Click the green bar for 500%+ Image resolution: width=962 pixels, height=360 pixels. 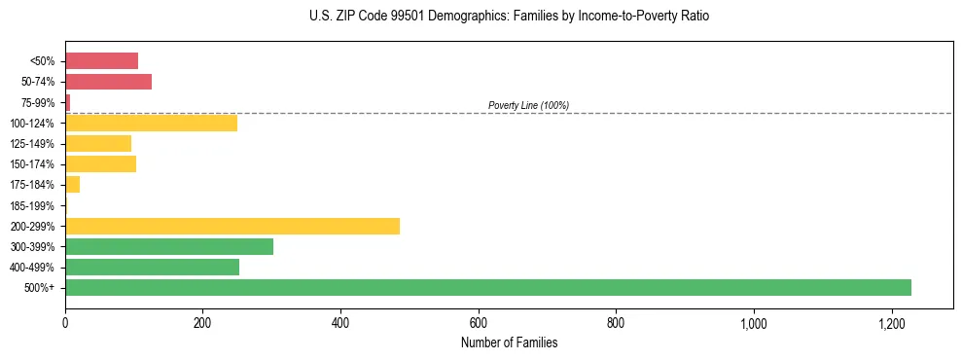tap(487, 287)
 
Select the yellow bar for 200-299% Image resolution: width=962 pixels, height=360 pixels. tap(232, 226)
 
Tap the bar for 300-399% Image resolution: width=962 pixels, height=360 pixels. tap(169, 246)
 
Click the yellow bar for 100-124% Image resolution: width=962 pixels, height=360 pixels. tap(151, 123)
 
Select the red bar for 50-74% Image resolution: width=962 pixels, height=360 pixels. tap(108, 82)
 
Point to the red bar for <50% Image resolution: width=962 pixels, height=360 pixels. tap(101, 61)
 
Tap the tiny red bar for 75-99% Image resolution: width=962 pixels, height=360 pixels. tap(68, 102)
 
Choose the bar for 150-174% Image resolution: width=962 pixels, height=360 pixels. tap(100, 163)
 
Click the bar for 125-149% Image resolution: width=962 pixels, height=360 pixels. tap(98, 143)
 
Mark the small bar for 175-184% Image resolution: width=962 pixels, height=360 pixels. tap(72, 184)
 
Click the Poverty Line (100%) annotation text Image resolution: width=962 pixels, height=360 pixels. tap(528, 105)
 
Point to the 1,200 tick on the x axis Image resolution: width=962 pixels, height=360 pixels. tap(891, 324)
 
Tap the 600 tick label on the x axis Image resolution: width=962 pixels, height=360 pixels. tap(478, 324)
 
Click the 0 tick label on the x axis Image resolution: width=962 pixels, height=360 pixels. tap(65, 324)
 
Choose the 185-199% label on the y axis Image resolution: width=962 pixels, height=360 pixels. tap(32, 205)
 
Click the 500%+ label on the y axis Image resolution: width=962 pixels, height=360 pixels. tap(41, 287)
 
